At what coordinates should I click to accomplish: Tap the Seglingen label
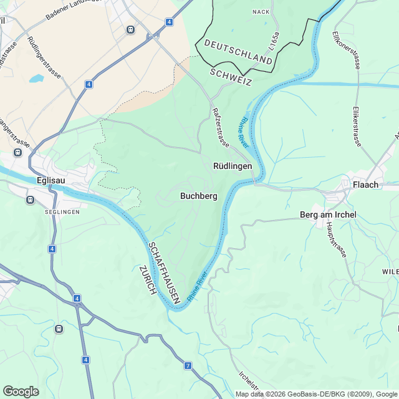pyautogui.click(x=62, y=212)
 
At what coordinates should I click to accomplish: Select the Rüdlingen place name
pyautogui.click(x=233, y=166)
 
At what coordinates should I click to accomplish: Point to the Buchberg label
pyautogui.click(x=198, y=196)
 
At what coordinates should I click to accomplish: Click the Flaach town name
pyautogui.click(x=366, y=185)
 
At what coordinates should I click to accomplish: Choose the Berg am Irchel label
pyautogui.click(x=328, y=215)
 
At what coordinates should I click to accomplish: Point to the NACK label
pyautogui.click(x=261, y=12)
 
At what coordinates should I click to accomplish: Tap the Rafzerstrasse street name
pyautogui.click(x=221, y=126)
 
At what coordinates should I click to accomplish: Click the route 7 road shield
pyautogui.click(x=188, y=365)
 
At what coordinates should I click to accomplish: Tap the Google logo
pyautogui.click(x=21, y=392)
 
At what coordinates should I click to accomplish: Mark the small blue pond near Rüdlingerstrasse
pyautogui.click(x=36, y=79)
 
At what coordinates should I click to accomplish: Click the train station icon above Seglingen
pyautogui.click(x=29, y=199)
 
